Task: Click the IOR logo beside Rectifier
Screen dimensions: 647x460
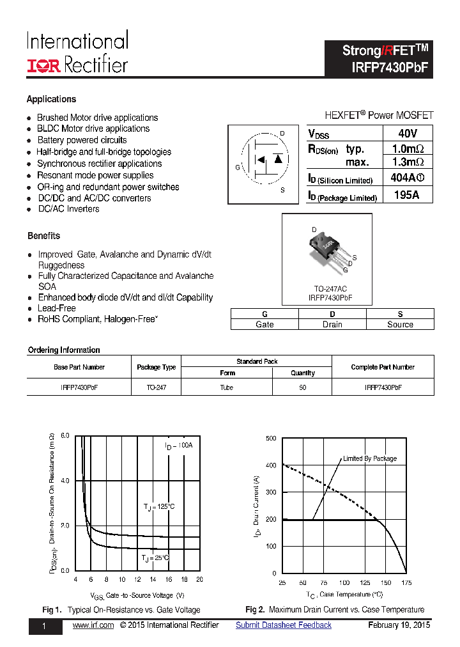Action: pos(43,65)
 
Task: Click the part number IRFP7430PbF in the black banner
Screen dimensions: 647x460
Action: pos(389,67)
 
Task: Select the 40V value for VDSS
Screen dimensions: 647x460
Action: pos(407,134)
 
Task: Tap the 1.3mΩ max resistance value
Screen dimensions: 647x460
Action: pos(407,162)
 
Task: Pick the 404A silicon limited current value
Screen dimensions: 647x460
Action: pos(407,179)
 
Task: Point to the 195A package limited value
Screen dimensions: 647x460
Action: pos(407,196)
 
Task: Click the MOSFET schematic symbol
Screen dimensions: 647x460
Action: pos(263,164)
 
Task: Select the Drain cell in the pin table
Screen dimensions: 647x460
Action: pos(332,324)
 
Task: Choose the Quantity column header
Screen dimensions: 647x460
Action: pos(303,373)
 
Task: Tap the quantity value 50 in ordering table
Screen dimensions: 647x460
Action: pos(303,387)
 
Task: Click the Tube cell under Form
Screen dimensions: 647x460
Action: pos(227,387)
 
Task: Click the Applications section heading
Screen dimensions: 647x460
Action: pos(51,99)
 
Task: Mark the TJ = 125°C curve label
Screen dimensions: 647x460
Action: pos(159,506)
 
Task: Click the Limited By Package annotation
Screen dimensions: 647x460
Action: pos(370,458)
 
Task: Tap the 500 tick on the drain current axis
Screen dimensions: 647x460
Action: pos(271,438)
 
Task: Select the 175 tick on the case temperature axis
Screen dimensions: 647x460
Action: pos(406,583)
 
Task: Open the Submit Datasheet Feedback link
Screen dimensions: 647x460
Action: pos(284,625)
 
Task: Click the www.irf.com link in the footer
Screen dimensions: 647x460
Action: pos(93,625)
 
